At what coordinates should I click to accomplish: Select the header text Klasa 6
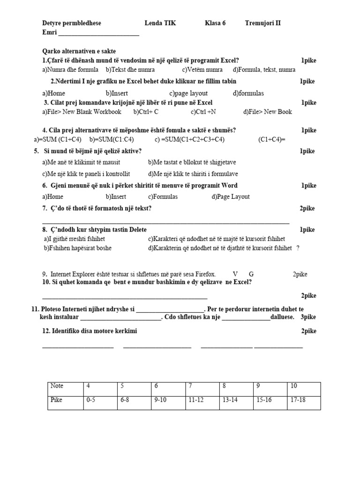pos(215,23)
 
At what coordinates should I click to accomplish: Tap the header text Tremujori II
pos(262,23)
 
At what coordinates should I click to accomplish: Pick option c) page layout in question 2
pos(188,93)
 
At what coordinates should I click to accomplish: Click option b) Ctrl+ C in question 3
pos(146,112)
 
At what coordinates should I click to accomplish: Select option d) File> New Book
pos(267,112)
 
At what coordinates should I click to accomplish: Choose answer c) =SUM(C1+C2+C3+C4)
pos(189,140)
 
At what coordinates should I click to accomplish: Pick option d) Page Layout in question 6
pos(231,196)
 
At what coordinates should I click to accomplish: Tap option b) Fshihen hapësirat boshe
pos(78,248)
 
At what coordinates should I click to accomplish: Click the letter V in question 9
pos(235,274)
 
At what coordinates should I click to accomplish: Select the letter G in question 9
pos(251,274)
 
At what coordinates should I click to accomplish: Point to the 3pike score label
pos(308,317)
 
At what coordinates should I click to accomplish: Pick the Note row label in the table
pos(65,386)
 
